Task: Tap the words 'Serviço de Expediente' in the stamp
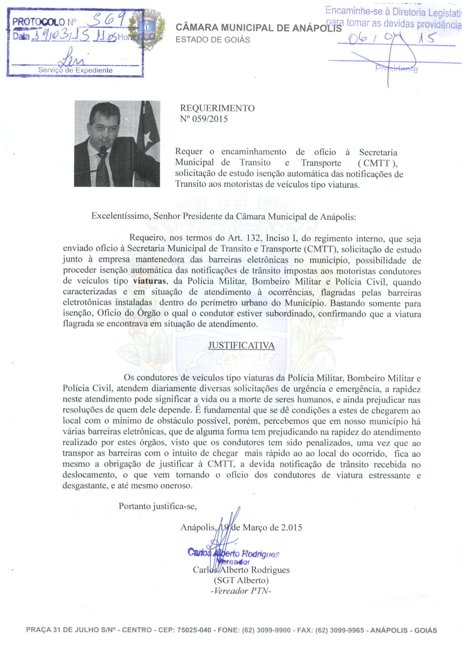pyautogui.click(x=75, y=70)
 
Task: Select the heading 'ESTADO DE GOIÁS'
pyautogui.click(x=213, y=40)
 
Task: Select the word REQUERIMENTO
pyautogui.click(x=217, y=108)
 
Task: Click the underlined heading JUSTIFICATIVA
pyautogui.click(x=241, y=345)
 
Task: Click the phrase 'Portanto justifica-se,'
pyautogui.click(x=158, y=506)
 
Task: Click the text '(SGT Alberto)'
pyautogui.click(x=241, y=580)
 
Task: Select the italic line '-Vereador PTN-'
pyautogui.click(x=241, y=591)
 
